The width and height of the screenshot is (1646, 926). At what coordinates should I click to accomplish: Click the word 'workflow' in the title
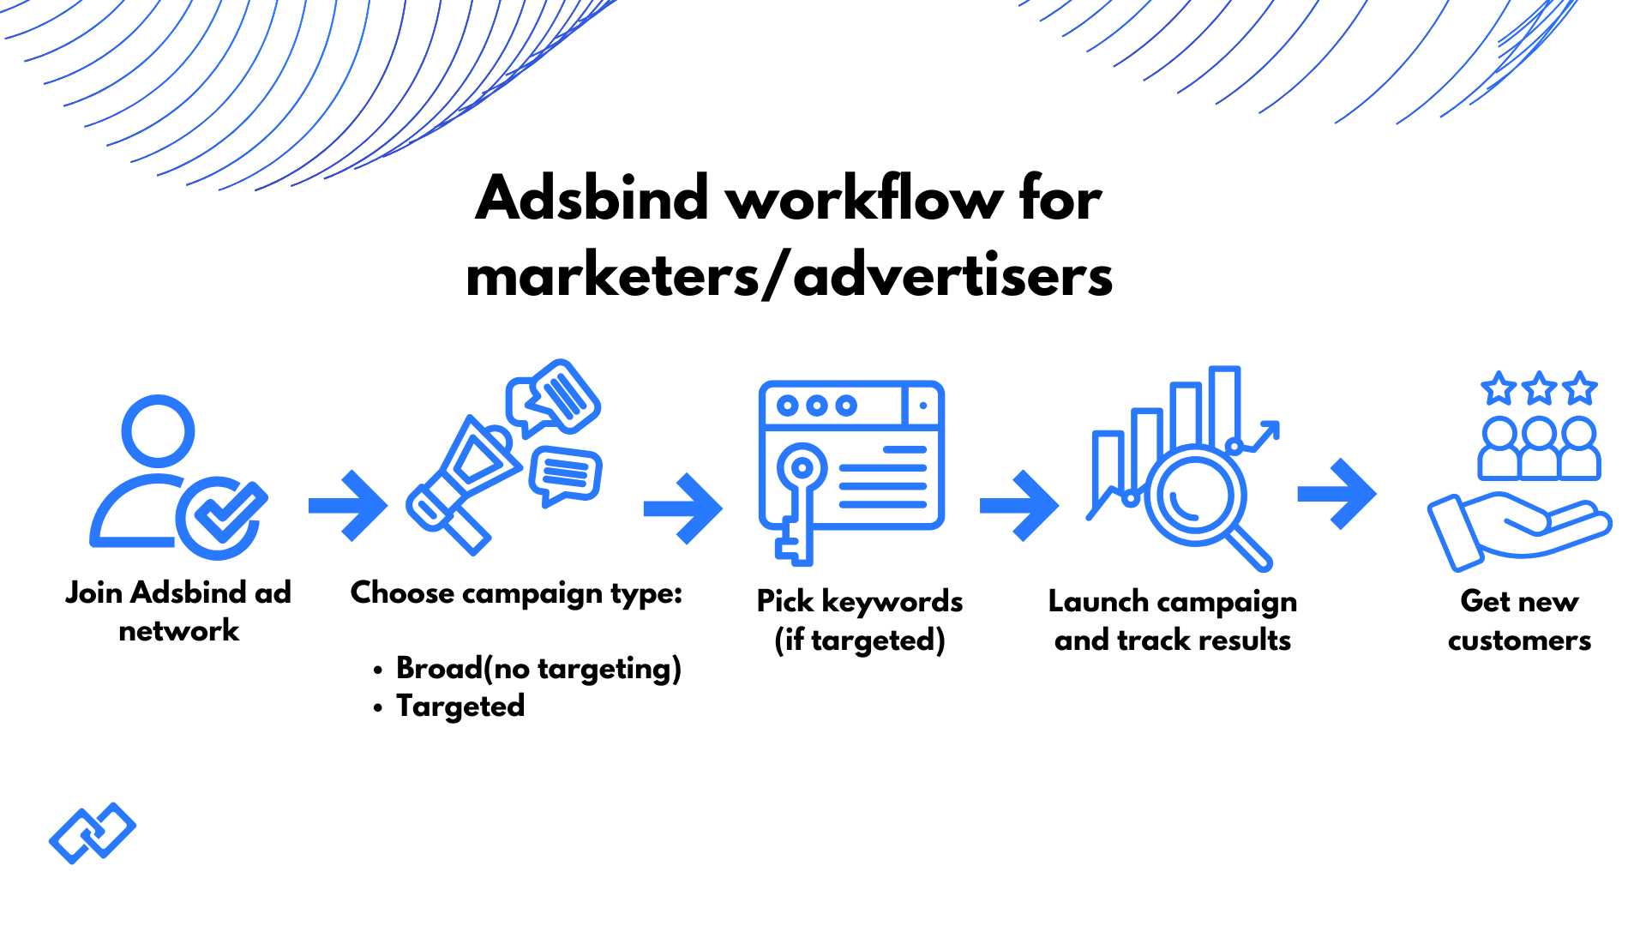pos(864,199)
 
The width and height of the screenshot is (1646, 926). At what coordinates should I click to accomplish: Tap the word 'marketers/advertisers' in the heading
pos(789,276)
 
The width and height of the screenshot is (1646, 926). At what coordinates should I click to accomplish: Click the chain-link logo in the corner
pos(93,833)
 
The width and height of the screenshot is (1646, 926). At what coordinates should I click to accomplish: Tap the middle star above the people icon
pos(1540,388)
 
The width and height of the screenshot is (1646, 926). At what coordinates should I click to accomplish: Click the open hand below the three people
pos(1517,527)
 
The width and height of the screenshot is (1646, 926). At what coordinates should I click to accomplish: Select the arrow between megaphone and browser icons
pos(683,508)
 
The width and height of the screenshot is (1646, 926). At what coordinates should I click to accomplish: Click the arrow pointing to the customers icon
pos(1337,494)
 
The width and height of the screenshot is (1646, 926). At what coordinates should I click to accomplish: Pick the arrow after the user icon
pos(348,506)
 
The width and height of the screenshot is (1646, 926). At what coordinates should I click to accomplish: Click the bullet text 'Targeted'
pos(460,707)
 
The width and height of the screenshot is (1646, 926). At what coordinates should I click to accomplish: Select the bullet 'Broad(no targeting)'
pos(538,668)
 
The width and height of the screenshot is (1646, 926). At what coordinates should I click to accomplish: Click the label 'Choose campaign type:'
pos(516,592)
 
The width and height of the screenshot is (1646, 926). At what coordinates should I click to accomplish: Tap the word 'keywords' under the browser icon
pos(892,601)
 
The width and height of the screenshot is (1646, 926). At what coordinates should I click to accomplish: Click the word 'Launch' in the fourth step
pos(1098,601)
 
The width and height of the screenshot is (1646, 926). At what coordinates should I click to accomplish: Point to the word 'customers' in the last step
pos(1519,640)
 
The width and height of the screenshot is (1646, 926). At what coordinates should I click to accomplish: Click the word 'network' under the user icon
pos(178,631)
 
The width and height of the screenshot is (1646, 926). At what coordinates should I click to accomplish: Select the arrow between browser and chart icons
pos(1019,506)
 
